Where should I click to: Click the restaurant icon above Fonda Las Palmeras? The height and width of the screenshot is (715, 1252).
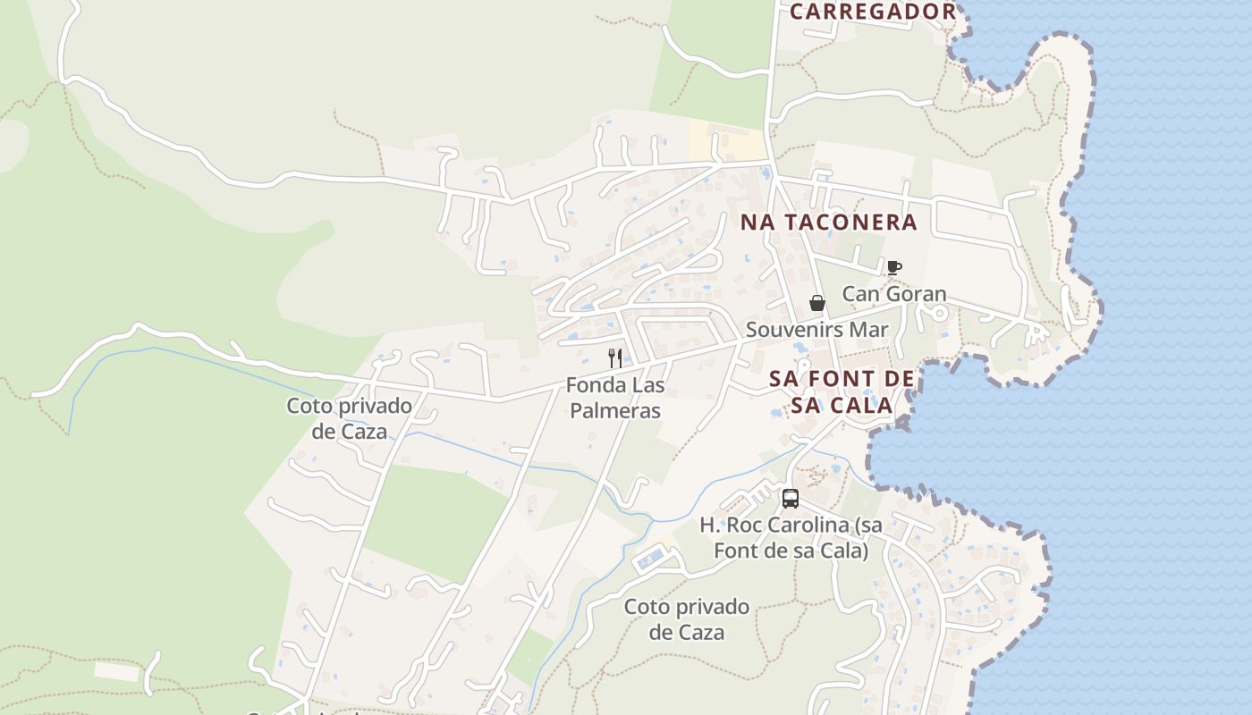pos(615,358)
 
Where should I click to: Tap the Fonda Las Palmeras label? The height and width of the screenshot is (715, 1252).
pos(615,399)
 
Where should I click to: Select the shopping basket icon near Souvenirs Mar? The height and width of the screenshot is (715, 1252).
pos(816,303)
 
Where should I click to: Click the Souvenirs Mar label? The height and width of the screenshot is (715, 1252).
pos(817,330)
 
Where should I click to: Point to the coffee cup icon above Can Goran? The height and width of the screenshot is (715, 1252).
pos(893,267)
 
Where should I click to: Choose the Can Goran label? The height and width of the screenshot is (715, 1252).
pos(893,294)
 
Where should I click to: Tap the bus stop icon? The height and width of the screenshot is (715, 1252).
pos(791,499)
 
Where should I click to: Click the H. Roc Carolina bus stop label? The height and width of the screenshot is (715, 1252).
pos(791,538)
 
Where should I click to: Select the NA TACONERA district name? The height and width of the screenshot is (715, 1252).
pos(829,223)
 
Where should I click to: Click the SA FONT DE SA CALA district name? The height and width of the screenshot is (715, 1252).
pos(842,392)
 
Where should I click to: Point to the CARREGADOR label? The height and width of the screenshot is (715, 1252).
pos(873,12)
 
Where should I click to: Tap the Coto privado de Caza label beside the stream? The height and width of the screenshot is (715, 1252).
pos(349,418)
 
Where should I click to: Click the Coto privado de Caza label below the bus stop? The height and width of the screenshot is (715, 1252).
pos(687,619)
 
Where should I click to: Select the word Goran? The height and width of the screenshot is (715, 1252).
pos(918,294)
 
